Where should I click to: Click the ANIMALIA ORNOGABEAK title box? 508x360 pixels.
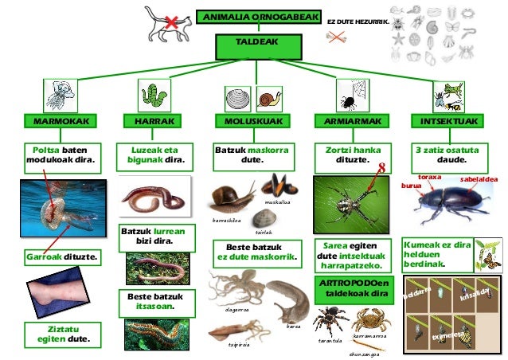pyautogui.click(x=259, y=17)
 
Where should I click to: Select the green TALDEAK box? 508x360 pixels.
pyautogui.click(x=259, y=41)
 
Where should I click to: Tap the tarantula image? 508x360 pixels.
pyautogui.click(x=326, y=320)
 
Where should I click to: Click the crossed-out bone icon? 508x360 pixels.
pyautogui.click(x=338, y=37)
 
